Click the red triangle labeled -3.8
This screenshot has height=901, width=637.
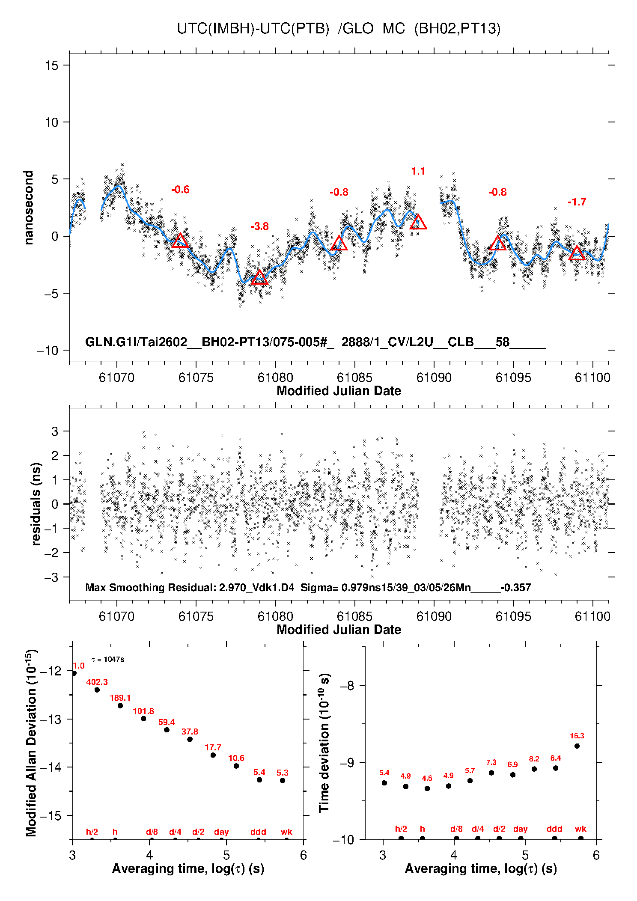(259, 278)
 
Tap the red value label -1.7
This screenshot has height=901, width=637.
(577, 202)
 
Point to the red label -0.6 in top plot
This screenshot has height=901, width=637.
(180, 190)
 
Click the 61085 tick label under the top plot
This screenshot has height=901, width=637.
(354, 378)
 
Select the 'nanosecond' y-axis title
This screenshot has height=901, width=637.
(29, 208)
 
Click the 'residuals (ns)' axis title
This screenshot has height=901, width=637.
(36, 504)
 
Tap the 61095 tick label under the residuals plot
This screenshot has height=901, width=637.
(513, 616)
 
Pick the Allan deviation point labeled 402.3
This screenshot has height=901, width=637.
(97, 690)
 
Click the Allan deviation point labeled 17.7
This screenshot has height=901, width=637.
(213, 755)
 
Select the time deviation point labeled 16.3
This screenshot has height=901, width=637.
(577, 746)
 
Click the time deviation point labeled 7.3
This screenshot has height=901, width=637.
(491, 773)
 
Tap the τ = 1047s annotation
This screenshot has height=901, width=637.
(108, 659)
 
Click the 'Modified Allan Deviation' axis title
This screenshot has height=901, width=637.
(31, 743)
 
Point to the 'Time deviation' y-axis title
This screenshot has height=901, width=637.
(324, 743)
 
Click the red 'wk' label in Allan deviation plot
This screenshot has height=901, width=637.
(286, 832)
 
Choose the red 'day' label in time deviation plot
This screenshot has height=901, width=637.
(520, 829)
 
